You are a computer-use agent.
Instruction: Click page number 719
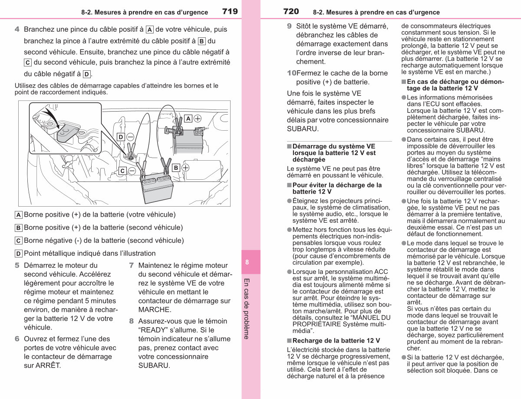230,11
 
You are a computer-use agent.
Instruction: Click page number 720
291,11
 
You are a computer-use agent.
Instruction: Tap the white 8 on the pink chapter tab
247,262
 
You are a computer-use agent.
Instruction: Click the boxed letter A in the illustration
188,119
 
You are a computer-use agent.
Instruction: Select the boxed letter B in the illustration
176,168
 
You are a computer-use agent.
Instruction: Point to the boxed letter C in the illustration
122,171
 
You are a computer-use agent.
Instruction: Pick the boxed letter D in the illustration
121,137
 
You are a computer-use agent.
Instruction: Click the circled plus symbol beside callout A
198,119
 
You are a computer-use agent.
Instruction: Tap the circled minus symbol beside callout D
130,137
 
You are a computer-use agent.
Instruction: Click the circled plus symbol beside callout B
185,168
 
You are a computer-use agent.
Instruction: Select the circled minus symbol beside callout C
132,171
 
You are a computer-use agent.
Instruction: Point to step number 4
17,29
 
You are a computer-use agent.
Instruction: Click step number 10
292,73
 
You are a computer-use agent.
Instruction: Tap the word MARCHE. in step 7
155,310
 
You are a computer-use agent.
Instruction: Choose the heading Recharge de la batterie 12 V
336,340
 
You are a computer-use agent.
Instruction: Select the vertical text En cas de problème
247,309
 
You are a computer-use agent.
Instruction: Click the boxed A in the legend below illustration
19,215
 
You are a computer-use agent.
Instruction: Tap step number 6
17,339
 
